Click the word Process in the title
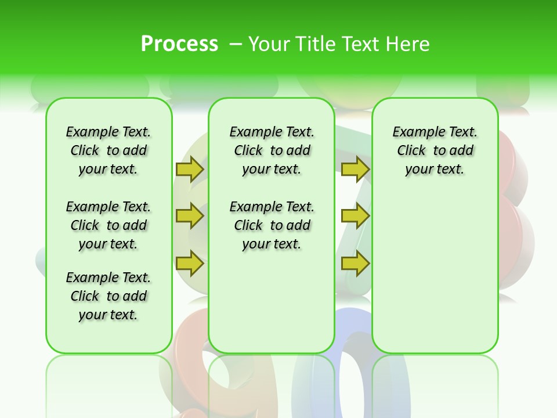coord(179,44)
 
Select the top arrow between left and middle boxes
coord(190,169)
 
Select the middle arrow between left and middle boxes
coord(190,216)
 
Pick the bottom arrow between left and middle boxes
coord(190,263)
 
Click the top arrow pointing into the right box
coord(355,169)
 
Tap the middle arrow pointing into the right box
coord(355,216)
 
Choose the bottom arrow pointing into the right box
coord(355,263)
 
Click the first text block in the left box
coord(108,150)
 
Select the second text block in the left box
coord(108,225)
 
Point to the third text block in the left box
coord(108,296)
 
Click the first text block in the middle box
coord(272,150)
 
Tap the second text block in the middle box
coord(272,225)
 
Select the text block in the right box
coord(435,150)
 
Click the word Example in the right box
coord(414,132)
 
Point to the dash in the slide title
coord(236,44)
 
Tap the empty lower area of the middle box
coord(272,302)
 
